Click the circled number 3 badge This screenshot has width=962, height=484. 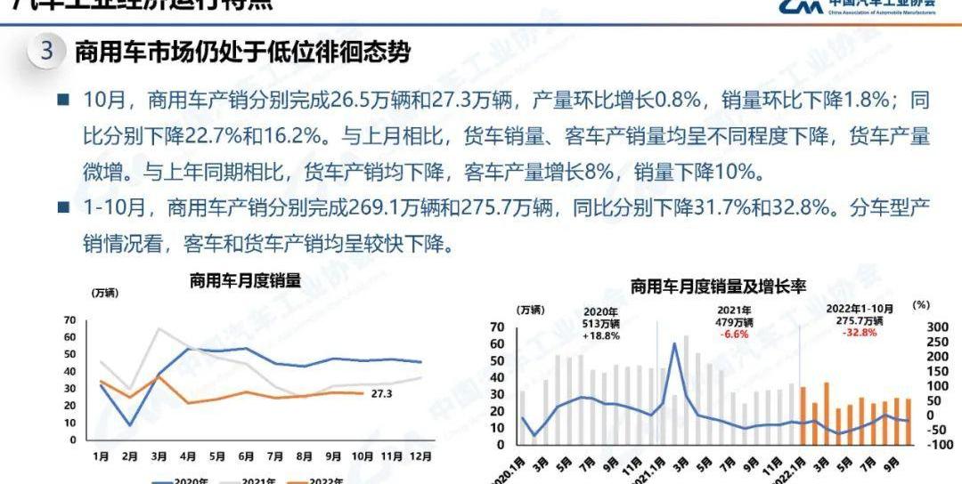tap(47, 51)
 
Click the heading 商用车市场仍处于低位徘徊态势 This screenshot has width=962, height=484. tap(242, 52)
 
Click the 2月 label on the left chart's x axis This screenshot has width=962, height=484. tap(130, 456)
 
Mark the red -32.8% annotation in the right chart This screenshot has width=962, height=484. tap(860, 333)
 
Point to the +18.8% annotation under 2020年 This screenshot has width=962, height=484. tap(599, 337)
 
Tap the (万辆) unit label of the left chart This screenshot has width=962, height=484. tap(104, 293)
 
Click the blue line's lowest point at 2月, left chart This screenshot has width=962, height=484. tap(130, 425)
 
